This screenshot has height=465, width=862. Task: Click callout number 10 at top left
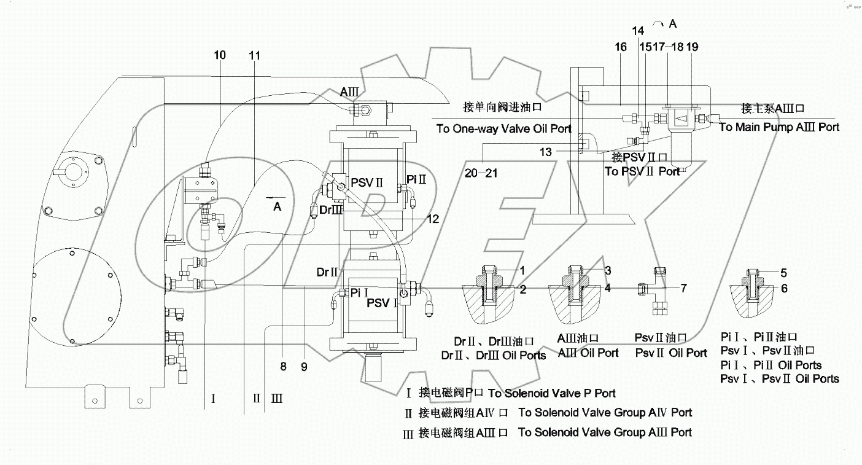tap(220, 55)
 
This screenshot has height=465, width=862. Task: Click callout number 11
tap(255, 56)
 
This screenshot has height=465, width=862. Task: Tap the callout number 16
tap(620, 47)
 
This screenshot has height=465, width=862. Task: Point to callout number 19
tap(692, 47)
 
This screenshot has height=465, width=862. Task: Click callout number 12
tap(433, 218)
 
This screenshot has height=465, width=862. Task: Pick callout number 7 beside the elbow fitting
tap(683, 287)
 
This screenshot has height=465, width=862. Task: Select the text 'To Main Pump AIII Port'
tap(779, 127)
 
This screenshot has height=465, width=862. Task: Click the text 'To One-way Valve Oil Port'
tap(503, 129)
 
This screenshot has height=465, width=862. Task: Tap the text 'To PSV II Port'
tap(642, 172)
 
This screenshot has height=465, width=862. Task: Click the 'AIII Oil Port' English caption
tap(588, 353)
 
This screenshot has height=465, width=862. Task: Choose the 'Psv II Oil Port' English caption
tap(671, 353)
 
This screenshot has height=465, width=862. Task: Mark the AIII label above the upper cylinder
tap(349, 92)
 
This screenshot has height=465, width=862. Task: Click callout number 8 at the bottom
tap(283, 367)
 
